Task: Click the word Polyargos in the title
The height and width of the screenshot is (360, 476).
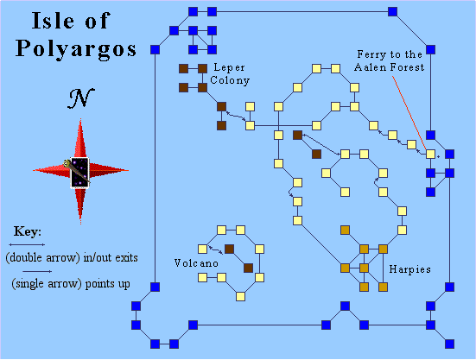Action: click(x=76, y=49)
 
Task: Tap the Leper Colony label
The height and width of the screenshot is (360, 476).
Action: click(x=230, y=74)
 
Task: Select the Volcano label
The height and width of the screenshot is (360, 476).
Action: click(x=196, y=263)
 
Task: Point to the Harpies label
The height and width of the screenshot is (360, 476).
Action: click(x=409, y=269)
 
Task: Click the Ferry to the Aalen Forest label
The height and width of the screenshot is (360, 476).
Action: click(x=389, y=60)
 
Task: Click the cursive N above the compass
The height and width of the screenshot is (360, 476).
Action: click(x=80, y=98)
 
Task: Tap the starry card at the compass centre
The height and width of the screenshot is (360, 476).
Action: click(x=79, y=173)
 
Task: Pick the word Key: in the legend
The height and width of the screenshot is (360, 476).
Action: click(x=28, y=231)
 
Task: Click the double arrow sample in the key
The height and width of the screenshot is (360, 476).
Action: click(x=27, y=244)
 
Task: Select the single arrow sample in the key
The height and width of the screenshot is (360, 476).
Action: click(x=37, y=271)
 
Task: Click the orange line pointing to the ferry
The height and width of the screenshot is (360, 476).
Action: click(x=409, y=112)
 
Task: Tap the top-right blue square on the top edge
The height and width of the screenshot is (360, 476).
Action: click(x=392, y=12)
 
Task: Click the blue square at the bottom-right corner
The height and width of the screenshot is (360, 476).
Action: click(x=449, y=344)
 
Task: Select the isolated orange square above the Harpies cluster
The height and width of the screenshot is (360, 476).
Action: click(x=345, y=231)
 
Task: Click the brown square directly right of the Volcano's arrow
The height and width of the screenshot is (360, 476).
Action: click(x=229, y=249)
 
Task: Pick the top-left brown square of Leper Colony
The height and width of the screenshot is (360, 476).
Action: click(x=183, y=69)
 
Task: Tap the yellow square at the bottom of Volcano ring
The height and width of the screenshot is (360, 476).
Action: click(x=240, y=296)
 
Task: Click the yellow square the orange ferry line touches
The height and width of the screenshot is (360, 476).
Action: click(x=430, y=154)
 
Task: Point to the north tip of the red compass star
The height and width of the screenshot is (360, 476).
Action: click(x=80, y=119)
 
